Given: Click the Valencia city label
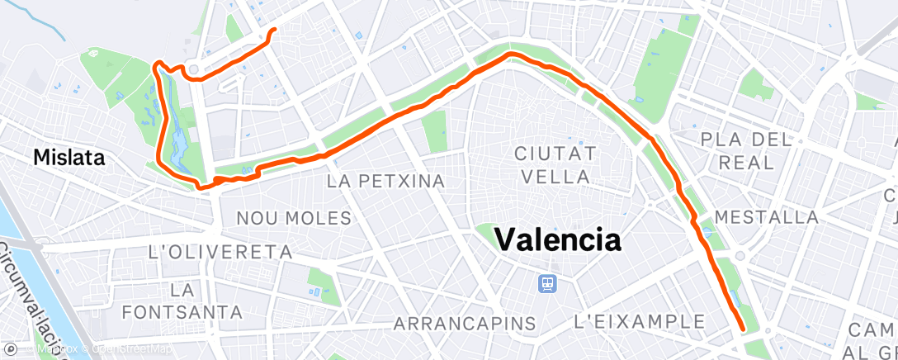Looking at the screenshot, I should point(558,240).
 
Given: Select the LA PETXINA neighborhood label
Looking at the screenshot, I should point(386,180).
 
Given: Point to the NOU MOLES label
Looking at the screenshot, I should point(294,218).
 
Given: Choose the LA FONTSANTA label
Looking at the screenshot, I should point(182,301).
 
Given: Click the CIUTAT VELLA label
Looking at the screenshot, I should point(555,164).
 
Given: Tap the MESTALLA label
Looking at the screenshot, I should point(767,217).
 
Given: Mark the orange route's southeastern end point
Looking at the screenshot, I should point(744,329).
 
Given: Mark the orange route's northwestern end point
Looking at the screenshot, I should point(272,31).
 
